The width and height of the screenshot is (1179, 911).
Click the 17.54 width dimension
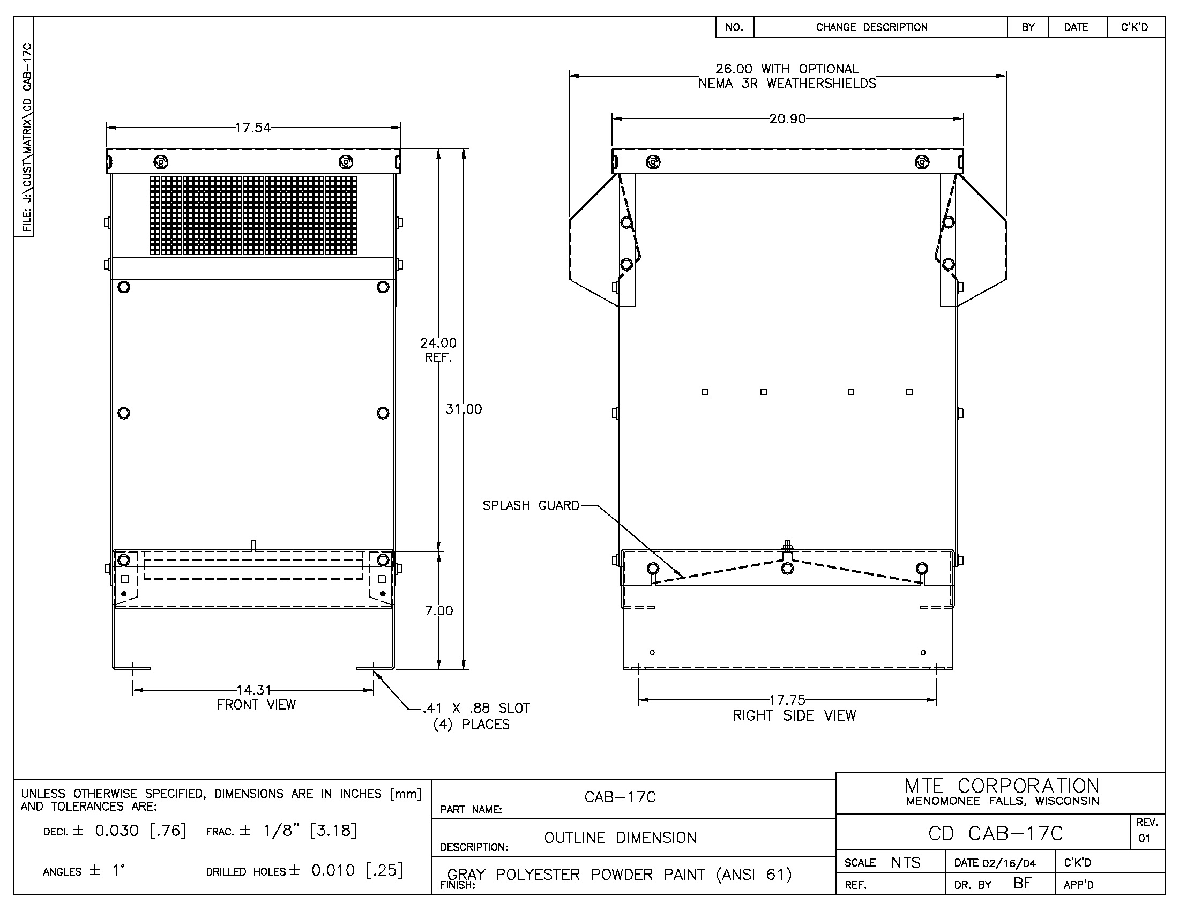(252, 128)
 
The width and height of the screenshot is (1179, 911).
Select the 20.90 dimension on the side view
(787, 119)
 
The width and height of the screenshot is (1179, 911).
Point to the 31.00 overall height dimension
(464, 409)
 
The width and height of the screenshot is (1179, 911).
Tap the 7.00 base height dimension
(439, 610)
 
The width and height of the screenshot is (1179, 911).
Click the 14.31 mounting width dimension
(253, 690)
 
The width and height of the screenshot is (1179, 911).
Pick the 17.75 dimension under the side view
(787, 700)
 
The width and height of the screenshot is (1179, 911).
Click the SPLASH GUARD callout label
(531, 506)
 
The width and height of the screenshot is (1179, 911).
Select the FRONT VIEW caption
(256, 705)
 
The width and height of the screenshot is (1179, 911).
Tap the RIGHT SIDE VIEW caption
(794, 715)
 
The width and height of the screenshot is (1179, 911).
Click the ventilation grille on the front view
(253, 215)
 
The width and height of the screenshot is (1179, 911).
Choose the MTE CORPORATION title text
(1002, 786)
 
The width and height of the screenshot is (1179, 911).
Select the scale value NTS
(906, 862)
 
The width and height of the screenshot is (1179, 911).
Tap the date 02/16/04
(1009, 863)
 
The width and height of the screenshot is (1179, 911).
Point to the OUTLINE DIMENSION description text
(620, 838)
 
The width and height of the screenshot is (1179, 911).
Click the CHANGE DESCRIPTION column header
(872, 27)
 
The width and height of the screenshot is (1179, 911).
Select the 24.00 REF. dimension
(438, 350)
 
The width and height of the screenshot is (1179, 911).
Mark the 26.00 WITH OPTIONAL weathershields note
(787, 76)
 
